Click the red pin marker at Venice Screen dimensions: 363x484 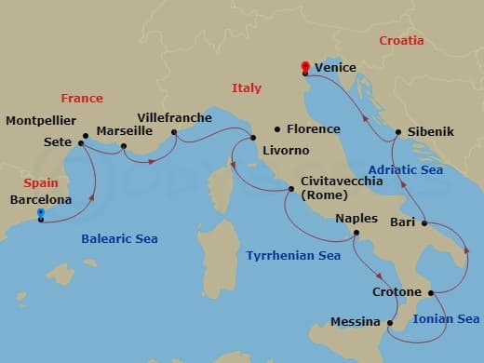[304, 67]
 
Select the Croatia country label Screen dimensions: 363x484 [401, 40]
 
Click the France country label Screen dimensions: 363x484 [82, 98]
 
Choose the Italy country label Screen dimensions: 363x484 [247, 87]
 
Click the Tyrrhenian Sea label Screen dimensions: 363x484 [293, 255]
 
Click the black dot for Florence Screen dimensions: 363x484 [276, 129]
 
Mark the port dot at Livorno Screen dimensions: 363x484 [253, 139]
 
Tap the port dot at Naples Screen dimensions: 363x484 [356, 236]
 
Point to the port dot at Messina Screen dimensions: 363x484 [387, 323]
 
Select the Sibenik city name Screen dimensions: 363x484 [430, 132]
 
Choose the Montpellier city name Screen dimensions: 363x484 [41, 120]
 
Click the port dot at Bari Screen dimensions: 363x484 [424, 223]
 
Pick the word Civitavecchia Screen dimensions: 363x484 [340, 181]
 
